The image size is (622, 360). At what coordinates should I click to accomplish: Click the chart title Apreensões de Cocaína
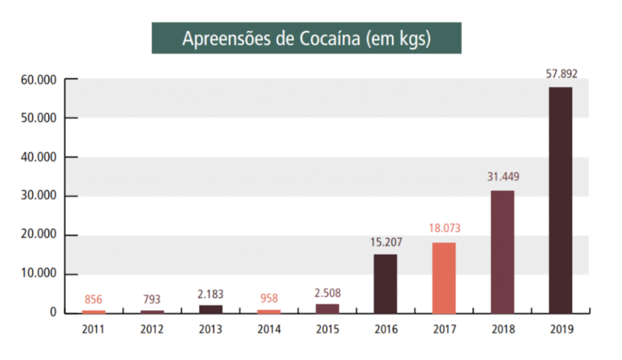[306, 38]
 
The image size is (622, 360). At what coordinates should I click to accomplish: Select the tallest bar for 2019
[560, 200]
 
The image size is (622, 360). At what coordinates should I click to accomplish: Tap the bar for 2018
[502, 252]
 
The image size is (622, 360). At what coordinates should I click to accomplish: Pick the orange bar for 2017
[444, 278]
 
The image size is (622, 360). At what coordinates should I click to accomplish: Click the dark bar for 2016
[386, 284]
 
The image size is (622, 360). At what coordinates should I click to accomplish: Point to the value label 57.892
[560, 75]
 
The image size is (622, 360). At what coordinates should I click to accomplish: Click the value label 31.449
[502, 177]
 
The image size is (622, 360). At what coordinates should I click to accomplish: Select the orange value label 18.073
[444, 229]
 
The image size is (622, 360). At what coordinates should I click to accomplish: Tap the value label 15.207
[386, 242]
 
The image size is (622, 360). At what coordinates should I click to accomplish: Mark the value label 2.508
[327, 292]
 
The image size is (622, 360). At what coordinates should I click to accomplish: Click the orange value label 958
[269, 298]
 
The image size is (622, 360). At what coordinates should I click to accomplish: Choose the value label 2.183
[211, 294]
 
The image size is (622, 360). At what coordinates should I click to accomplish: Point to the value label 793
[152, 299]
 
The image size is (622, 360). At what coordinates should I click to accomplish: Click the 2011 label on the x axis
[94, 330]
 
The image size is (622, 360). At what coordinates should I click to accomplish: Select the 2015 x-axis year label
[327, 330]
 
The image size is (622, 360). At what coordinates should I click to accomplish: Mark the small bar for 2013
[211, 309]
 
